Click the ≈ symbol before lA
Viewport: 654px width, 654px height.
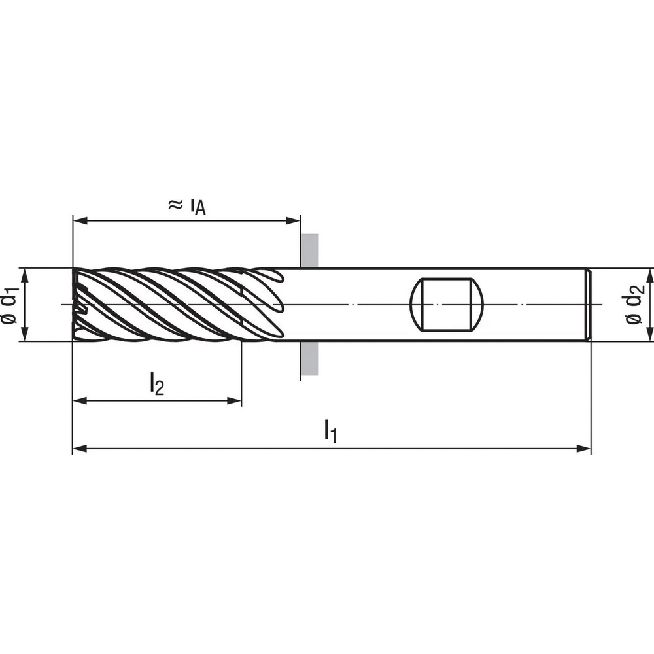pos(175,205)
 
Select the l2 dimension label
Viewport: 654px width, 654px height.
pos(156,384)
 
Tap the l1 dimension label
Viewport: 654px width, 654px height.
pos(331,432)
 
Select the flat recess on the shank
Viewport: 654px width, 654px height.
pos(446,305)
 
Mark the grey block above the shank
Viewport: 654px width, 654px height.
pos(309,250)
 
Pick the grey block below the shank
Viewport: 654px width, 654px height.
pos(309,358)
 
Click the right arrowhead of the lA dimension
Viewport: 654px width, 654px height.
pos(294,221)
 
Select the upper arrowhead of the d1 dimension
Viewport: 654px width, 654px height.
pos(24,274)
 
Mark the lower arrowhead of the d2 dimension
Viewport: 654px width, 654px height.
pos(650,335)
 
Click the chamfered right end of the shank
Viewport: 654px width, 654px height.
pos(589,305)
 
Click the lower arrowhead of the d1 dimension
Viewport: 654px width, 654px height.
pos(24,335)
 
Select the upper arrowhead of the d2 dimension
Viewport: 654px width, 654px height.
pos(650,274)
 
